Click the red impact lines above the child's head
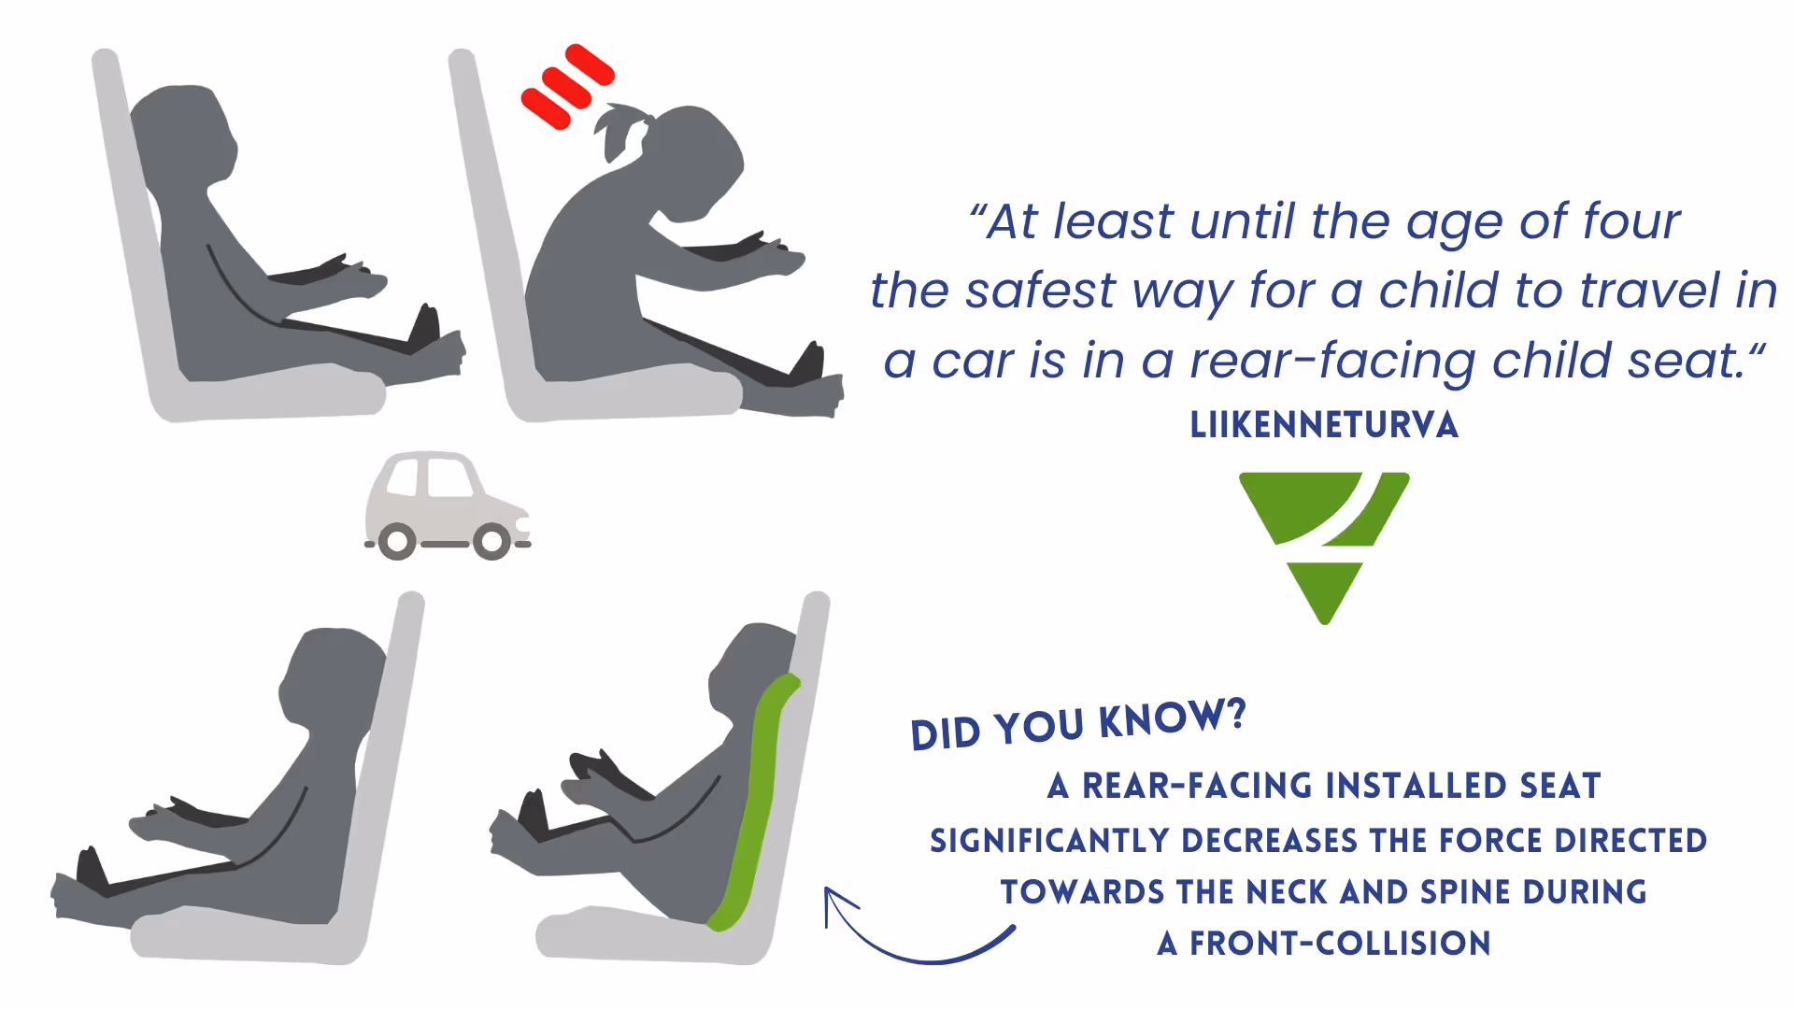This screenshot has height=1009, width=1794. click(x=566, y=85)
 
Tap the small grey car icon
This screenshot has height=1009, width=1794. click(x=448, y=505)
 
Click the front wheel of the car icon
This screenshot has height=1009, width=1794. click(x=491, y=542)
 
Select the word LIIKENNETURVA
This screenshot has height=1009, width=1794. click(x=1324, y=425)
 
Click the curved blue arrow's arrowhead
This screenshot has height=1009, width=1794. click(x=837, y=904)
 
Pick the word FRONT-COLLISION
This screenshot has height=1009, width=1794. click(x=1339, y=944)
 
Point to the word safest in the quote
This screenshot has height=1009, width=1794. click(x=1041, y=291)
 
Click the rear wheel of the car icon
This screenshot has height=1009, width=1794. click(x=397, y=542)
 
